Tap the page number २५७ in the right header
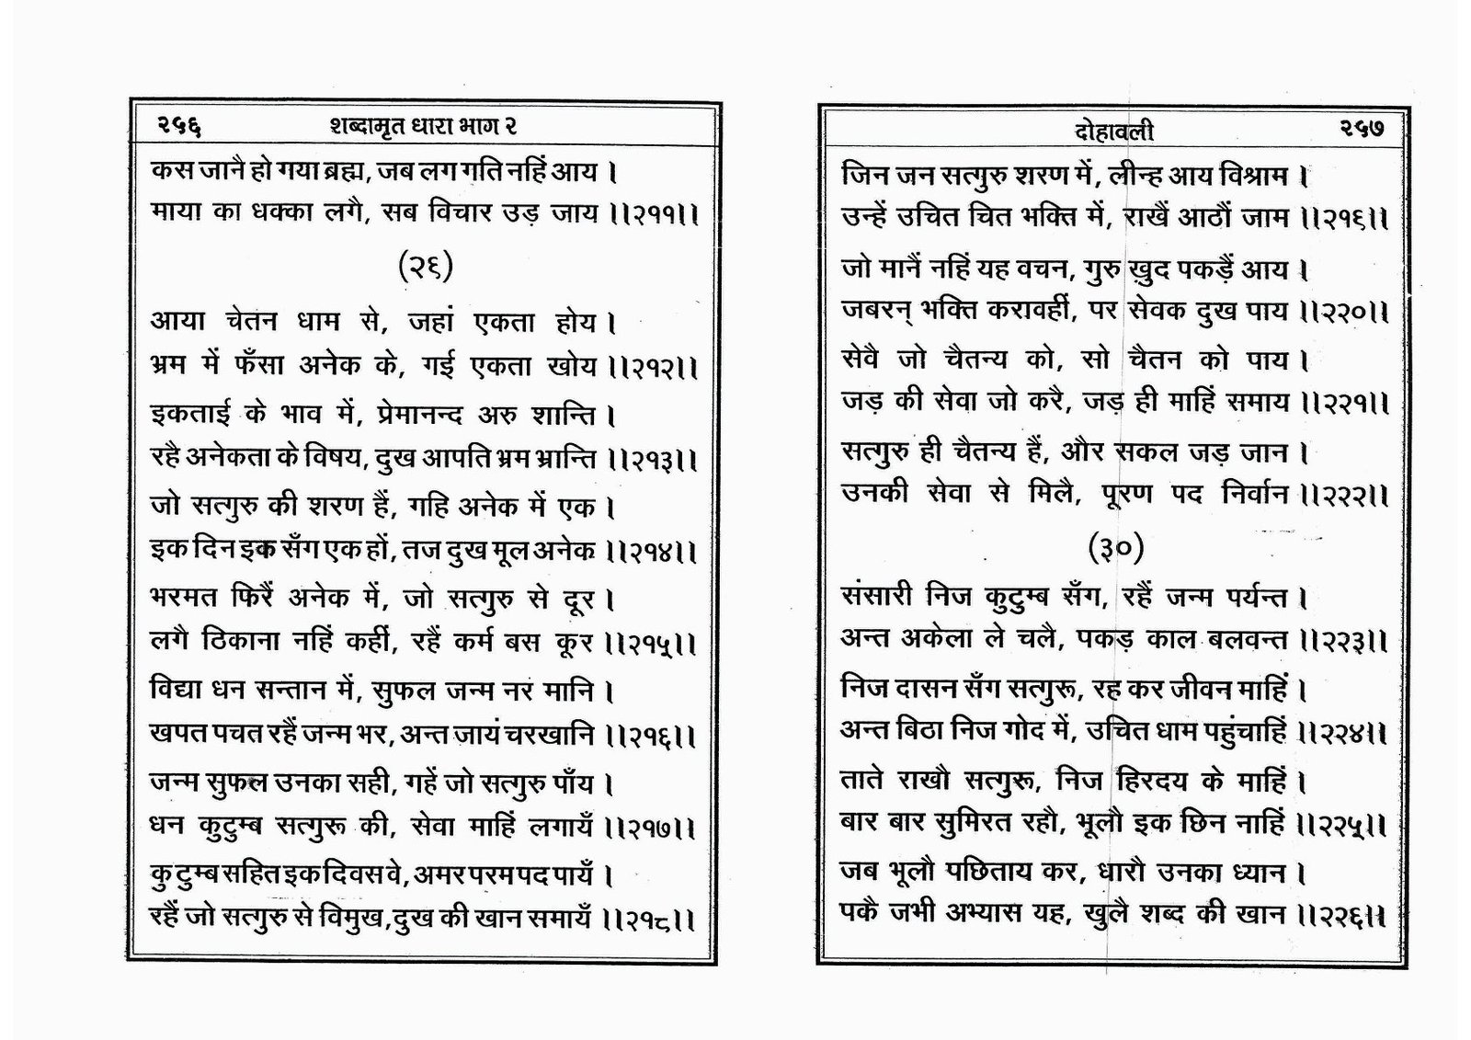1361,130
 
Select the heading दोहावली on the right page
1113,132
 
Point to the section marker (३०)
1116,548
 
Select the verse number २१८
654,919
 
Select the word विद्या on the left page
180,689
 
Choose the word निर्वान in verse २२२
1257,494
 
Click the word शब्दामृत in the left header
368,125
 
